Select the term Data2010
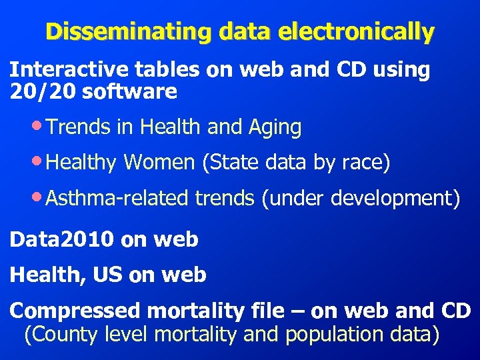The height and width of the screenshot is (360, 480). click(x=61, y=239)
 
